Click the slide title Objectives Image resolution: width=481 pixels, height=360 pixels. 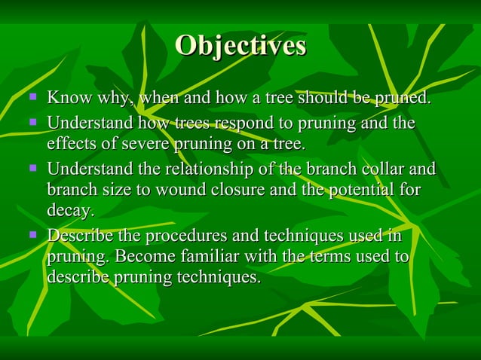[x=240, y=47]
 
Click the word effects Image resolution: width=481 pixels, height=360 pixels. [x=71, y=143]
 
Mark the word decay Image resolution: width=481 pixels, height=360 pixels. [x=70, y=211]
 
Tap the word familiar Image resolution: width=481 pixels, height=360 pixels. [x=201, y=258]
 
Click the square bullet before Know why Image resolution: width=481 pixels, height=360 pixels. [x=32, y=96]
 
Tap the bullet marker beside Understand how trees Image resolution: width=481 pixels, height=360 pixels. [x=32, y=121]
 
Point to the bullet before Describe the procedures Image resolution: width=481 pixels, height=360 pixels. [x=32, y=235]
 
